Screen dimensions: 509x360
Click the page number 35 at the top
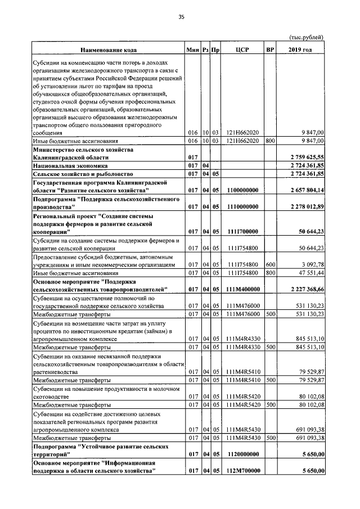click(182, 17)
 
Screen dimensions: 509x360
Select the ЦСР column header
click(242, 51)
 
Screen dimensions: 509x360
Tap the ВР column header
click(270, 51)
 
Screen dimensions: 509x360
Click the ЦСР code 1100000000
click(242, 191)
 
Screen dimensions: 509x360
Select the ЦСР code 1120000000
click(242, 453)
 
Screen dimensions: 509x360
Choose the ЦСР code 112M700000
click(242, 470)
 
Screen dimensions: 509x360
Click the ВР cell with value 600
click(270, 264)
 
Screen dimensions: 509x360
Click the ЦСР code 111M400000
click(242, 289)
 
